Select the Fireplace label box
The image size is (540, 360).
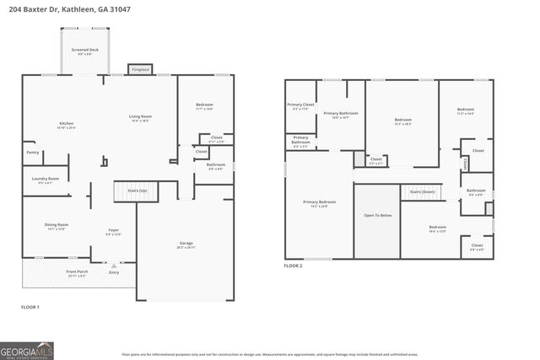(x=139, y=69)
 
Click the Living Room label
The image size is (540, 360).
(x=140, y=117)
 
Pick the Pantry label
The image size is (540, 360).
(x=33, y=153)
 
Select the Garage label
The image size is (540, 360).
(x=186, y=244)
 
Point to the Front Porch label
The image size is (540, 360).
(x=76, y=273)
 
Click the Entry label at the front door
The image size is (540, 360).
(x=114, y=272)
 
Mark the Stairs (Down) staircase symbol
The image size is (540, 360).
(x=422, y=193)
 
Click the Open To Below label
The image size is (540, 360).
(x=377, y=215)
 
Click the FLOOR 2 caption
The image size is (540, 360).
(x=293, y=266)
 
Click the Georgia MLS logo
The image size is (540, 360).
(x=29, y=350)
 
